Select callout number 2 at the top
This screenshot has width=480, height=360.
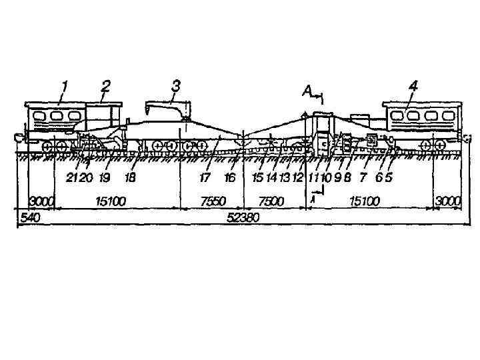pos(105,85)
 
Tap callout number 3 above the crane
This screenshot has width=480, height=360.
pos(175,85)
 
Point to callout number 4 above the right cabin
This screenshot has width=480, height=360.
pos(413,86)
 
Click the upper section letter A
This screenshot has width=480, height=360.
pos(307,92)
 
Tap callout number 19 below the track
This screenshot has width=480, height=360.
pos(105,177)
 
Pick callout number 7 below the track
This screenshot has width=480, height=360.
pos(363,177)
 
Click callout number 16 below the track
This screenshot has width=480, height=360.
pos(231,177)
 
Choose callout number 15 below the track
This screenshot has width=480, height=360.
pos(257,177)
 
